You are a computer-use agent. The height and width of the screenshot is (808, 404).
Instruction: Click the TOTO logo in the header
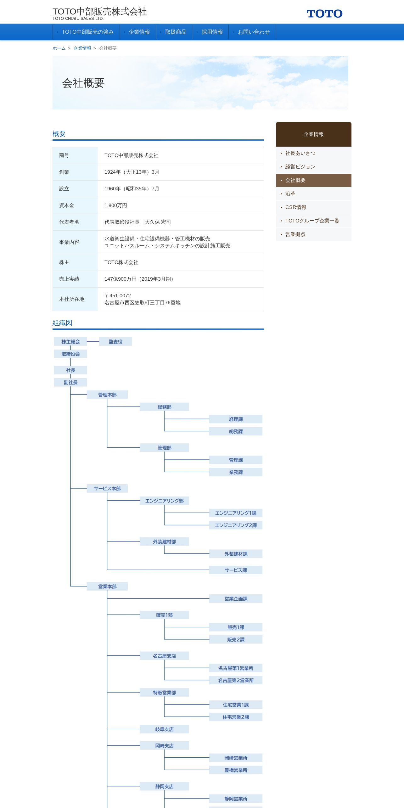tap(324, 14)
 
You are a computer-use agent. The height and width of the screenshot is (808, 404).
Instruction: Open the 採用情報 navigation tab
tap(212, 32)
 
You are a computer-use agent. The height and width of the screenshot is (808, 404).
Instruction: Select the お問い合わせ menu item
tap(253, 32)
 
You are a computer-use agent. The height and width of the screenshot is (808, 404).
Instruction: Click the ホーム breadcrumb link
tap(59, 48)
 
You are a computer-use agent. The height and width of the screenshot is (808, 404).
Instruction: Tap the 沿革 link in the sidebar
tap(290, 194)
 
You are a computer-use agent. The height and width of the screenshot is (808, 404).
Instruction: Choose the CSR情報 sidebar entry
tap(295, 207)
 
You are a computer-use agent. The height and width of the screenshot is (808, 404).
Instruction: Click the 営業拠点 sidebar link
tap(295, 234)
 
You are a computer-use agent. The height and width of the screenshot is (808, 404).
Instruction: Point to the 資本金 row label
tap(67, 205)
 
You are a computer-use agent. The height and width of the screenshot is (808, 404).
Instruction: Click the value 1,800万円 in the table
tap(116, 205)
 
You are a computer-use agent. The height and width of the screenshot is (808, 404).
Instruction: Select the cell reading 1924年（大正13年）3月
tap(132, 172)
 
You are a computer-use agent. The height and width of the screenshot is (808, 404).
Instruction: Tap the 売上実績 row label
tap(69, 279)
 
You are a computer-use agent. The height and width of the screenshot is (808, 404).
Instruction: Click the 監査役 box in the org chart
tap(115, 342)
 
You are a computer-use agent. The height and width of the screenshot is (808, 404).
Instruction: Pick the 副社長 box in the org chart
tap(70, 383)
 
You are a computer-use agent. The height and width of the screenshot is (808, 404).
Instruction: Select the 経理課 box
tap(236, 419)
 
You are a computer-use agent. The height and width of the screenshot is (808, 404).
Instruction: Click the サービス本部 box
tap(107, 488)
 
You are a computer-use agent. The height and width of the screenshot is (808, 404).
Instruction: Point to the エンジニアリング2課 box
tap(236, 525)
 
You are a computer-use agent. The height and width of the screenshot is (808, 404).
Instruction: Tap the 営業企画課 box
tap(236, 599)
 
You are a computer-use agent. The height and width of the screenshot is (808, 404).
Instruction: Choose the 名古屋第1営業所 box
tap(236, 668)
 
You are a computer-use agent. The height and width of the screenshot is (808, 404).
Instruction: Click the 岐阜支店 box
tap(164, 729)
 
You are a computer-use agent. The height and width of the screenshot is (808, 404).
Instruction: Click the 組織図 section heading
tap(62, 323)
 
